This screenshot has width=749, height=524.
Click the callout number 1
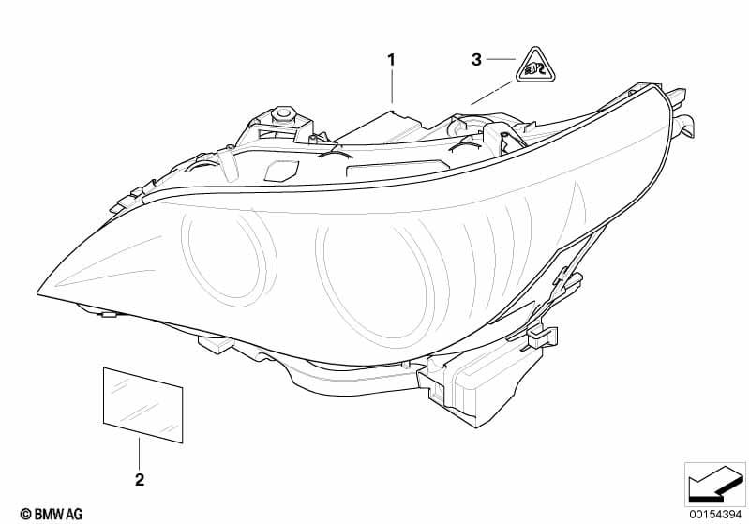point(391,60)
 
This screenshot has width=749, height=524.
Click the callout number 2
point(140,479)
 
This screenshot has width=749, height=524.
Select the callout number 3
point(476,60)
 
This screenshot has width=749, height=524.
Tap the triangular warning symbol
point(535,66)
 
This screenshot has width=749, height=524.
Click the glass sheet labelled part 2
point(142,405)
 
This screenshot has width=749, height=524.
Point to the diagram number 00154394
point(715,515)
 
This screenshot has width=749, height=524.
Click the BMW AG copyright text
point(52,514)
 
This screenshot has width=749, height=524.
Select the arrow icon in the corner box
point(715,485)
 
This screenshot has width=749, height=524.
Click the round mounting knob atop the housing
point(282,114)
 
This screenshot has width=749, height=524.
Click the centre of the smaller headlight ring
point(229,258)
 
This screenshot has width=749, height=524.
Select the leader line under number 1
point(392,86)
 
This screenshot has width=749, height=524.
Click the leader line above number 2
point(140,453)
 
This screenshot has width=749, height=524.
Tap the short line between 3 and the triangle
point(501,59)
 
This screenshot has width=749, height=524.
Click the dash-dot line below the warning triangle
point(491,93)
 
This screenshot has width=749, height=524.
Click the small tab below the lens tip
point(110,314)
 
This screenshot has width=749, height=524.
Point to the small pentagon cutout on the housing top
point(282,171)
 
